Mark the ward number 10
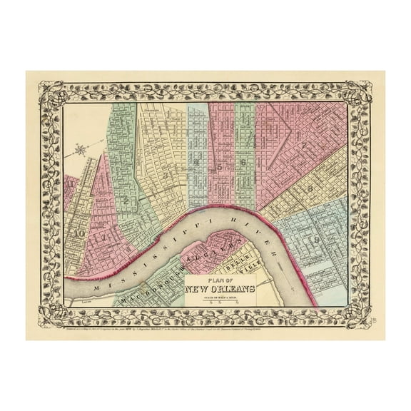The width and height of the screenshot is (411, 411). point(81,233)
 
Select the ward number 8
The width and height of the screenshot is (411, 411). point(312,188)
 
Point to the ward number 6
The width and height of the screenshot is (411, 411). point(244,163)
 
